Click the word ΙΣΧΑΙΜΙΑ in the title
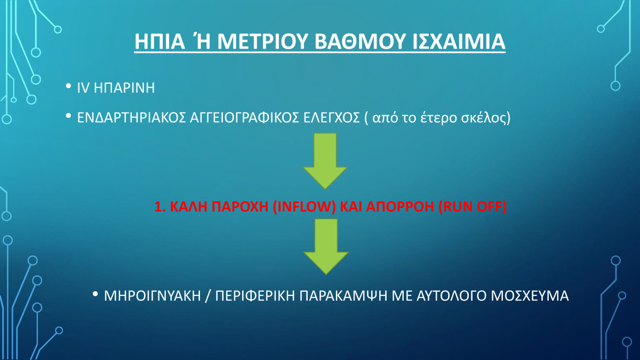coord(459,42)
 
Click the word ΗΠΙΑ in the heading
coord(159,42)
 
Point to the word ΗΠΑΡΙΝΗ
coord(124,87)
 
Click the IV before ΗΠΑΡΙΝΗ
coord(83,87)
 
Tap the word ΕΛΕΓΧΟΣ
coord(331,118)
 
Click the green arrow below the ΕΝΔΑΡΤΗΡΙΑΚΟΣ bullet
coord(325,161)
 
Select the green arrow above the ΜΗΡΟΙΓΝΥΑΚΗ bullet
coord(326,246)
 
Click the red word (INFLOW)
coord(305,206)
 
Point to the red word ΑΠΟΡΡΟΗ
coord(400,206)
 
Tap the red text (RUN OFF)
coord(473,206)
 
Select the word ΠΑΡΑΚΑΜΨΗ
coord(343,296)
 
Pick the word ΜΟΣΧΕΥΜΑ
coord(530,296)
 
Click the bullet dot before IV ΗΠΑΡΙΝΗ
coord(68,86)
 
